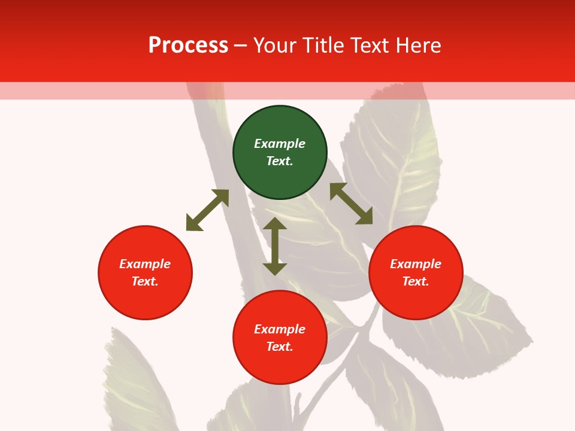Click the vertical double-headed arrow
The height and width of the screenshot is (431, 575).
point(275,246)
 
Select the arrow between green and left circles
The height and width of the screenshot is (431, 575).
point(207,210)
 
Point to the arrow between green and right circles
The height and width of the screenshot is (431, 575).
point(351,204)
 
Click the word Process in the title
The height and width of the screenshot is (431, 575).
point(188,45)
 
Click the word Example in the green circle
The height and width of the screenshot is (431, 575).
point(280,144)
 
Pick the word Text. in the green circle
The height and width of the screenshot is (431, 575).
point(280,161)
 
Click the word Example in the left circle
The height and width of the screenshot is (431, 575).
point(145,264)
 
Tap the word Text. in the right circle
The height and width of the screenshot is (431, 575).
point(416,281)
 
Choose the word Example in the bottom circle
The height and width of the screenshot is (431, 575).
point(280,329)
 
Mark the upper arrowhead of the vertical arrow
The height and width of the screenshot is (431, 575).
point(275,223)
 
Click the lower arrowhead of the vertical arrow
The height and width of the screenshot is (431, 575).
point(275,269)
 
